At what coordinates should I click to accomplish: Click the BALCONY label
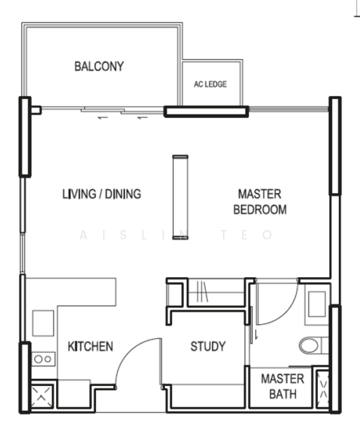tap(99, 67)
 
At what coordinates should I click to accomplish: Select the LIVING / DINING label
tap(100, 194)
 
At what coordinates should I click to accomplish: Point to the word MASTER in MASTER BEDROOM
tap(260, 194)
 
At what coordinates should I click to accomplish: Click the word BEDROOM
tap(260, 210)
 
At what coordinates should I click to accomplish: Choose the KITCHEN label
tap(90, 346)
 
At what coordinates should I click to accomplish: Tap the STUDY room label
tap(208, 346)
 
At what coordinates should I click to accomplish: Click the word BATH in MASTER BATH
tap(282, 394)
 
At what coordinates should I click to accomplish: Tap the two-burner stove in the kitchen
tap(43, 359)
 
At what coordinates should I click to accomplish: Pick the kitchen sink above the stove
tap(43, 323)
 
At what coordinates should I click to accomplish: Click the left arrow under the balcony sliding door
tap(102, 118)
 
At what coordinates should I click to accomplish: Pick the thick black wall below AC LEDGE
tap(206, 110)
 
